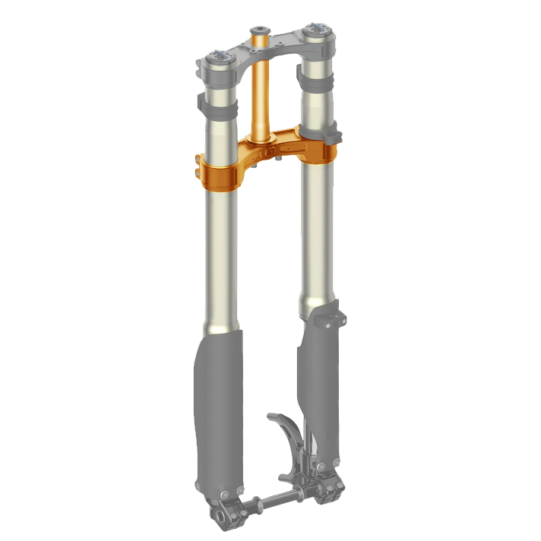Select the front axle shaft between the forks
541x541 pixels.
point(270,502)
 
